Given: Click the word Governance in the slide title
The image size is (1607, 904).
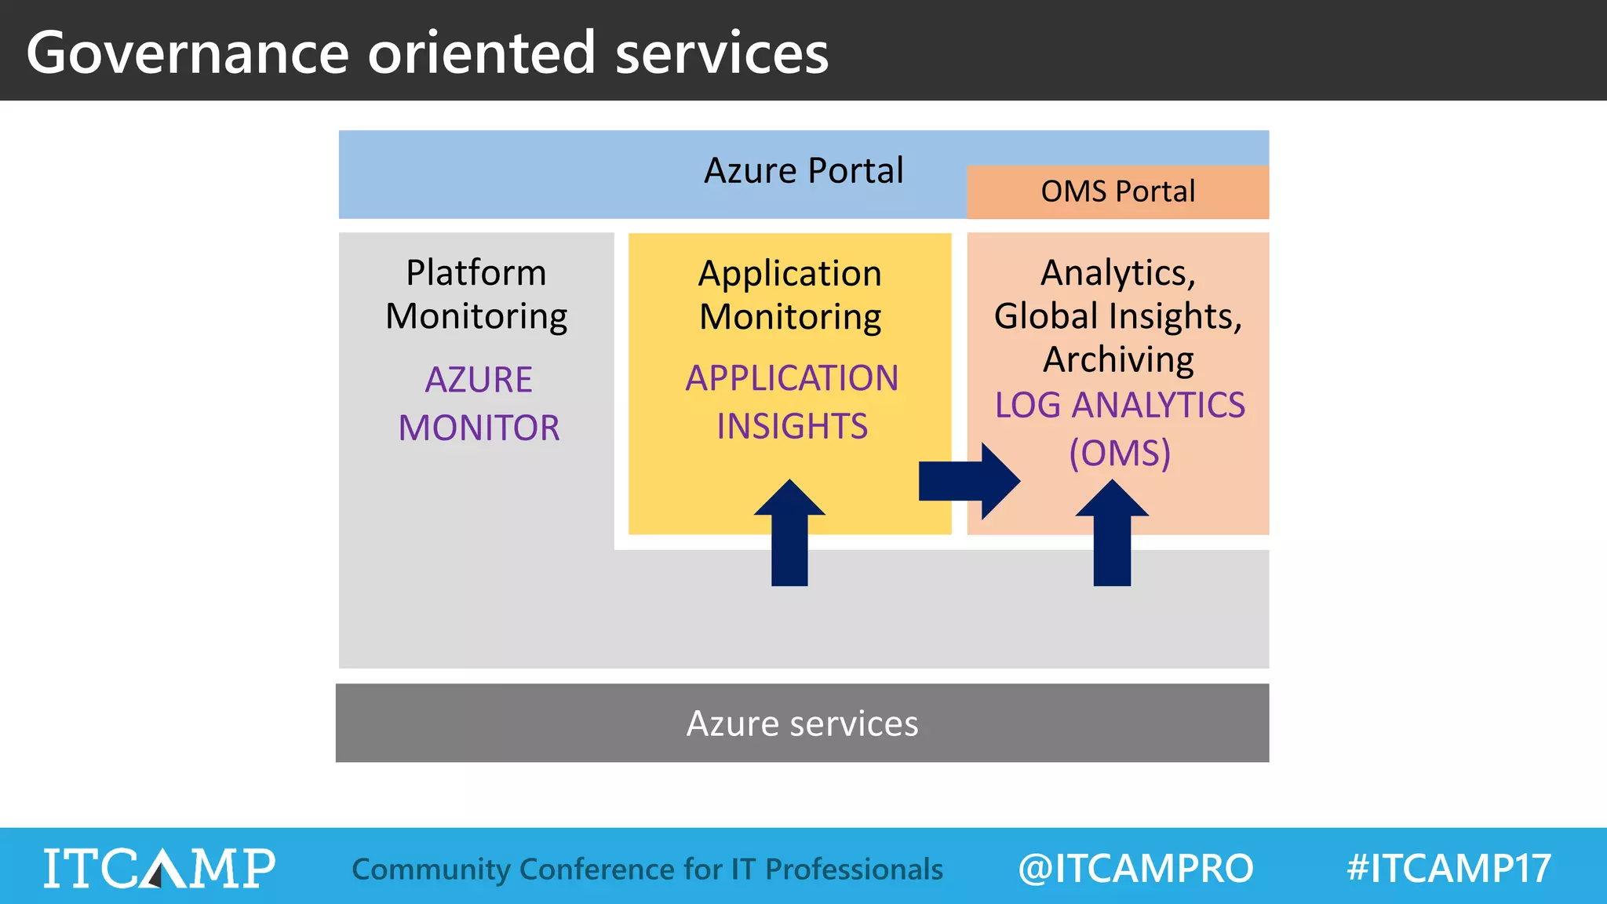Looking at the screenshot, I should tap(187, 53).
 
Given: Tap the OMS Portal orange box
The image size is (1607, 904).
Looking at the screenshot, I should tap(1117, 191).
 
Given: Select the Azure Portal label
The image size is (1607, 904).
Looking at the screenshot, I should tap(803, 170).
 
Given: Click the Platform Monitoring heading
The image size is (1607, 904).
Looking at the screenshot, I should tap(476, 294).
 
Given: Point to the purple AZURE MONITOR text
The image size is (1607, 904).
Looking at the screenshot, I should tap(479, 403).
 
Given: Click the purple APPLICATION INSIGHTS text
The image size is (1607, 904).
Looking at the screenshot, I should tap(791, 402).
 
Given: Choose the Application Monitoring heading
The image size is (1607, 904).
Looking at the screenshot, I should tap(790, 295).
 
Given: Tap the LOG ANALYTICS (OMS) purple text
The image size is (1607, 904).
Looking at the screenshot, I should tap(1119, 428).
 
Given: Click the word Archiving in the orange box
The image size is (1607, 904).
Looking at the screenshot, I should tap(1118, 359).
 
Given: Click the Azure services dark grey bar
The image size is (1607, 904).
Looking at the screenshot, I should tap(802, 723).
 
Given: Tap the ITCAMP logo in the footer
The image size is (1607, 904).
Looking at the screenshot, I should tap(159, 868).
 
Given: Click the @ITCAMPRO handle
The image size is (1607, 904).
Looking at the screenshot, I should tap(1135, 868).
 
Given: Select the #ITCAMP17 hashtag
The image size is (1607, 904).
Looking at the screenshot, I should tap(1448, 868).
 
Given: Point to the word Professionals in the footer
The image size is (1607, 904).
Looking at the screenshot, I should tap(854, 869).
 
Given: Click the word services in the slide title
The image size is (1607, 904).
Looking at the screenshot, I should tap(721, 53).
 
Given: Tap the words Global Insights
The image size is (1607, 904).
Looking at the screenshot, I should tap(1117, 316).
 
